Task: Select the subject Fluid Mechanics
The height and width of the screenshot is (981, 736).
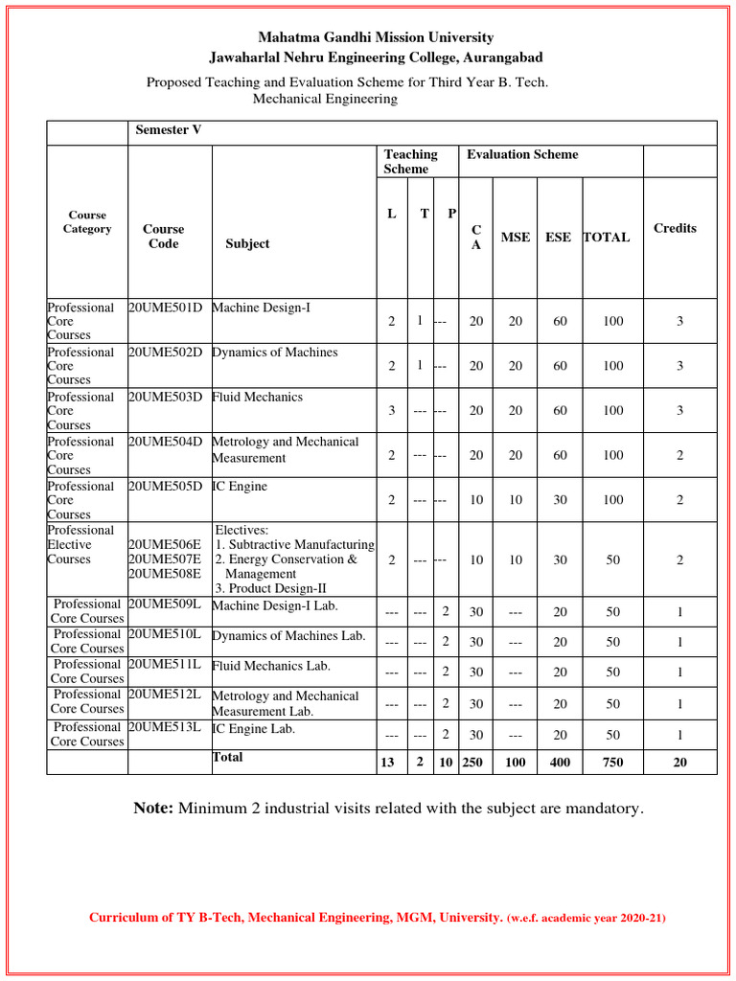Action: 257,397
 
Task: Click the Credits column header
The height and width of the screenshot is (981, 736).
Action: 675,228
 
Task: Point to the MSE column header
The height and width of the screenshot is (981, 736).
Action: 515,237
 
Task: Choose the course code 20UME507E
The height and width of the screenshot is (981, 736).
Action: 165,559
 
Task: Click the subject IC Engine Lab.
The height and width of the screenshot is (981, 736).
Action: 253,729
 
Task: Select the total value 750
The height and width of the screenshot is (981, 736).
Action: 612,763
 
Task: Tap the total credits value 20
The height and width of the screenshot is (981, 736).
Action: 679,763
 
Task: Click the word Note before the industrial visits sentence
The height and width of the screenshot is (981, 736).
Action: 153,809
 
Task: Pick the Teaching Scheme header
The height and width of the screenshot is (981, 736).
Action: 410,161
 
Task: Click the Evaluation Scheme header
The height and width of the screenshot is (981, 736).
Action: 522,154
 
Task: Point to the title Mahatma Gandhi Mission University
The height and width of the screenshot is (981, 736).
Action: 377,37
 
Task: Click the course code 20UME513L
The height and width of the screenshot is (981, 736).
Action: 165,727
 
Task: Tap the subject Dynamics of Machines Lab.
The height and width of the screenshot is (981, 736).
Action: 288,636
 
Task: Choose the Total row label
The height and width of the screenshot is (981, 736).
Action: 227,757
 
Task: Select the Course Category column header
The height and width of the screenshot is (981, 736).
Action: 87,222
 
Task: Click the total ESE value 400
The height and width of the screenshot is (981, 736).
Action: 560,763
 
